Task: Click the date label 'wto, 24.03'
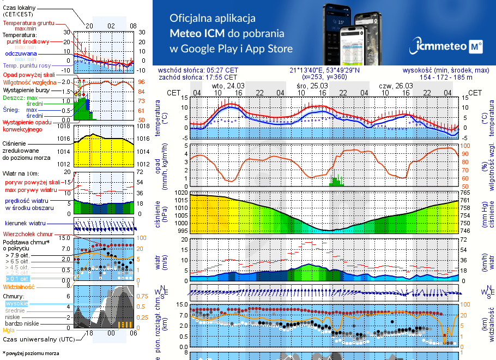pyautogui.click(x=228, y=86)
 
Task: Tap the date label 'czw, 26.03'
pyautogui.click(x=396, y=86)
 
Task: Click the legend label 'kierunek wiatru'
pyautogui.click(x=26, y=224)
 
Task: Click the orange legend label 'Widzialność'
pyautogui.click(x=19, y=286)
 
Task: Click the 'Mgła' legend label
pyautogui.click(x=9, y=330)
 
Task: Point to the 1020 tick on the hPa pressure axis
pyautogui.click(x=180, y=193)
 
